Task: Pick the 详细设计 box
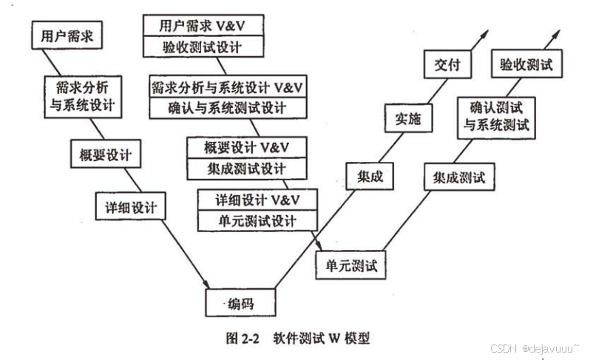[x=130, y=206]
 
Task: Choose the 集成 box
[x=368, y=177]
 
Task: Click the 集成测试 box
[x=459, y=177]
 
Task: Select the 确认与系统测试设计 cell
[x=229, y=108]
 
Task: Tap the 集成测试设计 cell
[x=246, y=168]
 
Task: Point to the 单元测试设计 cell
[x=257, y=220]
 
